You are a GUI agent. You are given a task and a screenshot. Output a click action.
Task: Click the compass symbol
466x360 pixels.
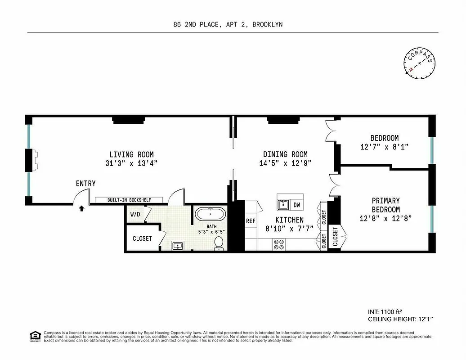click(420, 63)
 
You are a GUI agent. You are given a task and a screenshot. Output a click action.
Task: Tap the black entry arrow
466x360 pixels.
click(81, 208)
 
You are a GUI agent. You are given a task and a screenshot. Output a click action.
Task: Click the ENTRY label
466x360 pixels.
click(85, 184)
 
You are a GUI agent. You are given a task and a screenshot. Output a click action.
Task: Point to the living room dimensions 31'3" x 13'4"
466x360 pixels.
click(132, 164)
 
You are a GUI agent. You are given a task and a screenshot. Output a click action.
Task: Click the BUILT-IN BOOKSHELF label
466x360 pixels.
click(122, 200)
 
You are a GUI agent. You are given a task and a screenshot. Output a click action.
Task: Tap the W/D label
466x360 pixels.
click(135, 215)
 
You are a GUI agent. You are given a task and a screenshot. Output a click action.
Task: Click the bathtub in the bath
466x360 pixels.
click(211, 214)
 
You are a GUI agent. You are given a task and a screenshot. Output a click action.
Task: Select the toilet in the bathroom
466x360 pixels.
click(219, 243)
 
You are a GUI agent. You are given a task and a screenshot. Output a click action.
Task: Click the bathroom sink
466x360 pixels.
click(178, 245)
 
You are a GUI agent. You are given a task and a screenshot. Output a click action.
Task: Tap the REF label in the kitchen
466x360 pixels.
click(251, 221)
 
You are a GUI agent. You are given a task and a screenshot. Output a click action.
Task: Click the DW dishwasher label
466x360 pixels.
click(296, 205)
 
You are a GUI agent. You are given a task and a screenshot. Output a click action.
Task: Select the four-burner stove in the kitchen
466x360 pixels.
click(279, 244)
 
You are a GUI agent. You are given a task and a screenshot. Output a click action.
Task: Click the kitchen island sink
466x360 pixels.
click(283, 205)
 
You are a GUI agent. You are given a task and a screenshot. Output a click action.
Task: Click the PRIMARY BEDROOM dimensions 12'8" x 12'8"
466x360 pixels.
click(385, 219)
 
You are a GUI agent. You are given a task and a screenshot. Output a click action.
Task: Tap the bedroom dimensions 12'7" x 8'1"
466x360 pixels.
click(384, 147)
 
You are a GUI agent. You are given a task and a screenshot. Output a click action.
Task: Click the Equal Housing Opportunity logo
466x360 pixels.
click(34, 335)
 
